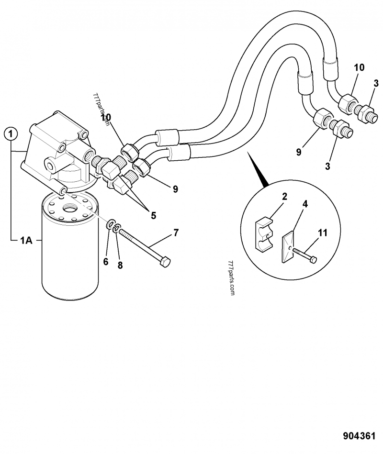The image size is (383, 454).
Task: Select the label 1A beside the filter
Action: pos(26,241)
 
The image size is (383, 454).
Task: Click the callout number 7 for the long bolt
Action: pos(176,233)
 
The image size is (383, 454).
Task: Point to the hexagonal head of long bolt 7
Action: pos(166,263)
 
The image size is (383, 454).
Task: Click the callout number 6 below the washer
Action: pos(106,262)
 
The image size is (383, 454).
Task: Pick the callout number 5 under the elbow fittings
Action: pos(153,215)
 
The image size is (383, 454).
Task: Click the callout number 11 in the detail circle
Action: pos(323,233)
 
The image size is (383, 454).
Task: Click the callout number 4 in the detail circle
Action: pos(305,204)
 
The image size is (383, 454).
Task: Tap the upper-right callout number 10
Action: pos(360,67)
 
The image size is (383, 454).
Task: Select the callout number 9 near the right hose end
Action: pos(299,152)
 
